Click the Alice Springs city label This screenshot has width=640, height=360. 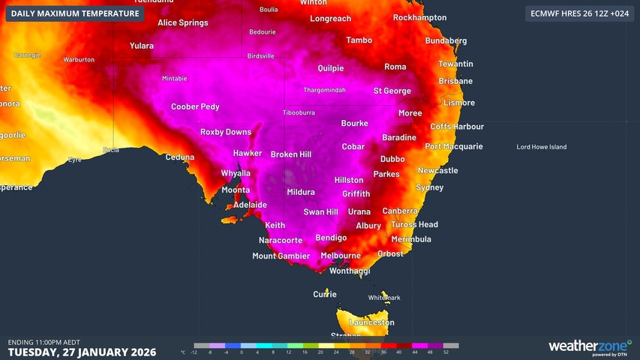[x=182, y=23]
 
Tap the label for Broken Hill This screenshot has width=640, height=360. [x=290, y=154]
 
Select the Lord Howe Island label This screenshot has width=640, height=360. [x=541, y=147]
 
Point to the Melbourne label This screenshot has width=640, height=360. [x=341, y=256]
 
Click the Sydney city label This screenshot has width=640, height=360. [x=429, y=187]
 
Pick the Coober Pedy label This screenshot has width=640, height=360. [x=195, y=106]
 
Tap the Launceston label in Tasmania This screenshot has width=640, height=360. [x=371, y=322]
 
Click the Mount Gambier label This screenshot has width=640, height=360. [x=281, y=256]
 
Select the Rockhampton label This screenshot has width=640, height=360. [x=419, y=17]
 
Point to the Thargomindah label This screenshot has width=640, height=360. [x=324, y=90]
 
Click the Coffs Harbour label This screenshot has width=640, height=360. [x=456, y=127]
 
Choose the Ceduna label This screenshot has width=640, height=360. [x=179, y=157]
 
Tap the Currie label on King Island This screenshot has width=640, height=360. [x=325, y=294]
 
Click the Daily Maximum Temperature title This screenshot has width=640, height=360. [x=75, y=13]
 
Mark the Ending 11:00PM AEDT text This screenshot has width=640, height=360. [x=44, y=342]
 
